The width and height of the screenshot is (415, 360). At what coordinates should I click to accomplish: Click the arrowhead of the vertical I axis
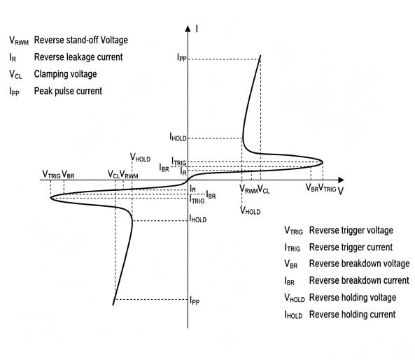(x=188, y=29)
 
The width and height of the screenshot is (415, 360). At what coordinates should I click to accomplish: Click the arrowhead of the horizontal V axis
(x=341, y=180)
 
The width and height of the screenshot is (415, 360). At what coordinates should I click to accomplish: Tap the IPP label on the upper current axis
(x=182, y=57)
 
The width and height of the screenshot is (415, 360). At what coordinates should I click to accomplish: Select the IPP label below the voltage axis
(x=195, y=301)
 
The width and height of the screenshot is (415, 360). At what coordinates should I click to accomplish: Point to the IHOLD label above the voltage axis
(x=178, y=136)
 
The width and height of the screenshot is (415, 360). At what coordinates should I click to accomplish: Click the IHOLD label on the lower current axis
(x=198, y=218)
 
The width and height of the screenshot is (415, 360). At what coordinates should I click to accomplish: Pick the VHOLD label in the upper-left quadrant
(x=140, y=157)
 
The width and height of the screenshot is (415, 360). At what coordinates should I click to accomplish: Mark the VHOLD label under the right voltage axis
(x=250, y=210)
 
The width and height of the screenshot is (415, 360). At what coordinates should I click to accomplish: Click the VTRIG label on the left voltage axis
(x=51, y=175)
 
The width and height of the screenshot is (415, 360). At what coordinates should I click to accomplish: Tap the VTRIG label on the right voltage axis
(x=327, y=188)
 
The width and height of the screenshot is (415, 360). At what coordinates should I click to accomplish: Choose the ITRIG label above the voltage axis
(x=179, y=161)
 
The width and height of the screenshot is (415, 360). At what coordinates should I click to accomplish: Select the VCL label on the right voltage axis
(x=264, y=189)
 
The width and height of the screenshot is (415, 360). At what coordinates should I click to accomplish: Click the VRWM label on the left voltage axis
(x=129, y=175)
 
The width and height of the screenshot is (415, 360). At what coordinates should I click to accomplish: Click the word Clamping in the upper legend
(x=50, y=74)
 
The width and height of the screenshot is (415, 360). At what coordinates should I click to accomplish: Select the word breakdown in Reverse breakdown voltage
(x=360, y=264)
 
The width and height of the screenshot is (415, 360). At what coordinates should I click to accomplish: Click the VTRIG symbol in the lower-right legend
(x=293, y=231)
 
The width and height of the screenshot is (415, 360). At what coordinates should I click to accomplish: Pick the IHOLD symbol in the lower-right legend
(x=293, y=315)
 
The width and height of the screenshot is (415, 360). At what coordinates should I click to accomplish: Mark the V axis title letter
(x=341, y=191)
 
